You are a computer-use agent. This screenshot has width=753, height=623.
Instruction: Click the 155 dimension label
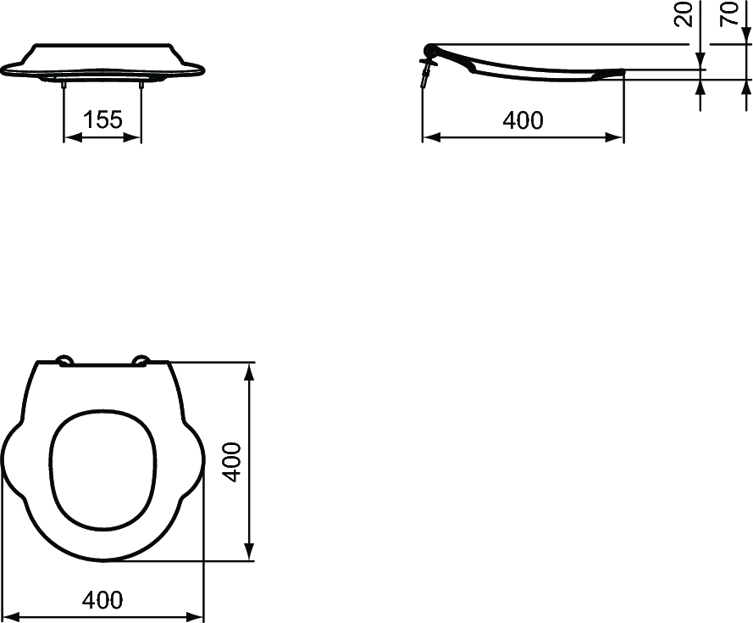tap(102, 120)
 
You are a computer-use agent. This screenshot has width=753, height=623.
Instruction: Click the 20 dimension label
tap(684, 14)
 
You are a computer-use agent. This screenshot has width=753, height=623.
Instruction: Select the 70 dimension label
tap(729, 14)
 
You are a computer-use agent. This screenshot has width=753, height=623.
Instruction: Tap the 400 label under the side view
tap(523, 120)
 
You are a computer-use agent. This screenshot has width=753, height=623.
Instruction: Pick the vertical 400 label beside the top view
tap(233, 462)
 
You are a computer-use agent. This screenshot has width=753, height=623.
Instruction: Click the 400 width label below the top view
tap(102, 600)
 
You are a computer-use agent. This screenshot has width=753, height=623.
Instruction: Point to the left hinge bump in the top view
tap(64, 360)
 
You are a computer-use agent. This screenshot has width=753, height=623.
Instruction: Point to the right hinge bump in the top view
tap(141, 360)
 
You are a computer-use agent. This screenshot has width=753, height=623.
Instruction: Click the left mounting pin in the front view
tap(64, 85)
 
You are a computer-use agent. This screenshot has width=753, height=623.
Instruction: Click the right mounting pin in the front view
tap(141, 85)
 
